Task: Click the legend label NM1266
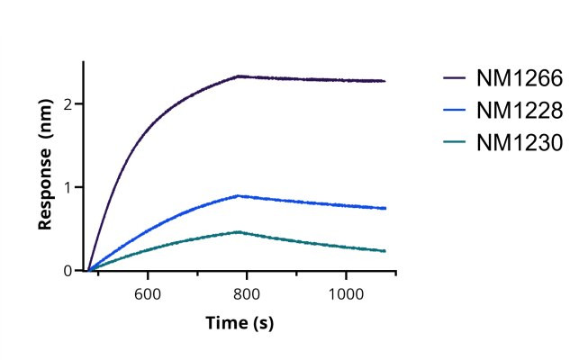pyautogui.click(x=520, y=79)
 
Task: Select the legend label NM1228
pyautogui.click(x=520, y=111)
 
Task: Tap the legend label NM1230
pyautogui.click(x=520, y=142)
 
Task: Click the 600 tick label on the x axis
pyautogui.click(x=148, y=293)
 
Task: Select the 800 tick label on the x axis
pyautogui.click(x=246, y=293)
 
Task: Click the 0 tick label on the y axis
pyautogui.click(x=69, y=271)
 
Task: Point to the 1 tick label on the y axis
pyautogui.click(x=69, y=187)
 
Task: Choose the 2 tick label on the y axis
pyautogui.click(x=69, y=103)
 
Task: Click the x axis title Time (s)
pyautogui.click(x=240, y=322)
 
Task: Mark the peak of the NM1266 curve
pyautogui.click(x=238, y=76)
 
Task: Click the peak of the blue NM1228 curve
pyautogui.click(x=238, y=195)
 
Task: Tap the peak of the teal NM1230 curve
pyautogui.click(x=238, y=232)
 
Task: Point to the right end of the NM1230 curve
pyautogui.click(x=385, y=251)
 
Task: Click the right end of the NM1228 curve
pyautogui.click(x=385, y=208)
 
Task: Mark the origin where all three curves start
pyautogui.click(x=88, y=270)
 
